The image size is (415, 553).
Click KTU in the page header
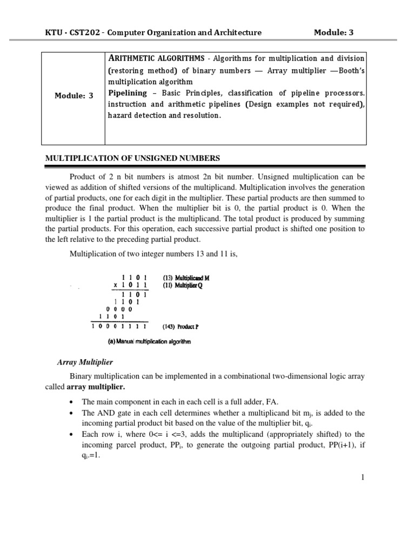tap(52, 32)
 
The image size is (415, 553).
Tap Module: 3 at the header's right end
tap(333, 32)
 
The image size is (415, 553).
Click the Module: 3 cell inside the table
tap(74, 96)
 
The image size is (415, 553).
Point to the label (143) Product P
tap(181, 327)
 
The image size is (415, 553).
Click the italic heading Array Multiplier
tap(85, 362)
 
